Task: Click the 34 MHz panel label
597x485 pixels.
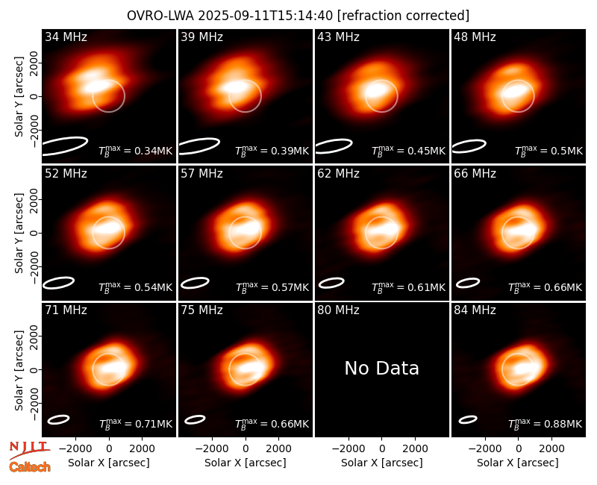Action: coord(66,37)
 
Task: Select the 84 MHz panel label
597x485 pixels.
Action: coord(475,310)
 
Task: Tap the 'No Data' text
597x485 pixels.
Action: coord(381,369)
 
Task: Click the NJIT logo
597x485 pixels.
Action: coord(29,449)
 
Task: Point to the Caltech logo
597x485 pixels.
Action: coord(30,467)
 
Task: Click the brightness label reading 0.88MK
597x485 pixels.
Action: coord(545,424)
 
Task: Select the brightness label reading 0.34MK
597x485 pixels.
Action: coord(136,151)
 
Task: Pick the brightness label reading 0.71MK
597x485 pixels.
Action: coord(136,424)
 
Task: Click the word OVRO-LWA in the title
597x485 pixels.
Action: coord(160,16)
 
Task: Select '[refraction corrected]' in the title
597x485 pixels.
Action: coord(403,16)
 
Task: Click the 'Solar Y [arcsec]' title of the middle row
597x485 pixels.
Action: coord(19,233)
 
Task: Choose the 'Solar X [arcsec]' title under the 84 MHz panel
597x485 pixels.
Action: coord(518,463)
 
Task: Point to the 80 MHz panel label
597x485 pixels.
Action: coord(338,310)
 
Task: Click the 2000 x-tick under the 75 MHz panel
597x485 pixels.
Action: coord(278,449)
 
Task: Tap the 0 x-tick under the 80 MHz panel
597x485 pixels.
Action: coord(382,449)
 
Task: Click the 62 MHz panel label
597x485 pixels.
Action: coord(338,174)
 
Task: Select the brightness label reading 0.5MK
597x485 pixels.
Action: coord(548,151)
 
